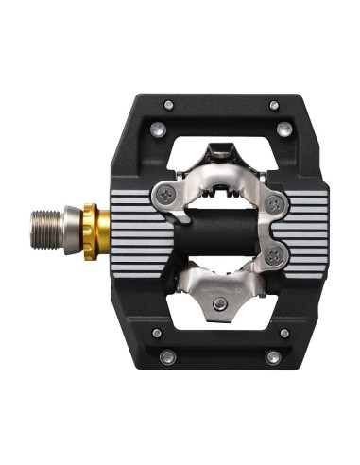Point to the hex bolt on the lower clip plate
(x=218, y=303)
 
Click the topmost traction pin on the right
(x=274, y=105)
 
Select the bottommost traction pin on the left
(x=167, y=356)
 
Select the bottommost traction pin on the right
(x=273, y=357)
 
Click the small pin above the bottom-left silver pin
(x=156, y=333)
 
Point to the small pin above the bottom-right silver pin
(x=284, y=333)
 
